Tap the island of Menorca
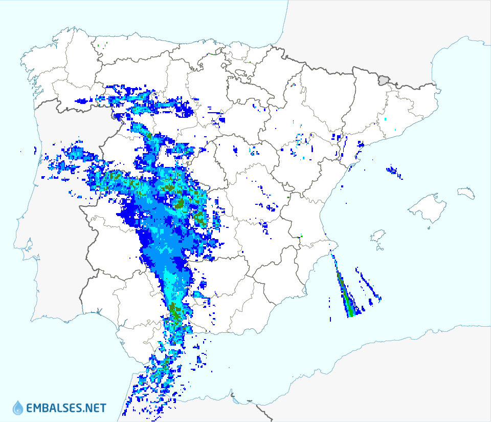click(x=466, y=193)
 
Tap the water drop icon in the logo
click(x=18, y=408)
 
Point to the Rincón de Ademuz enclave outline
click(x=289, y=197)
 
